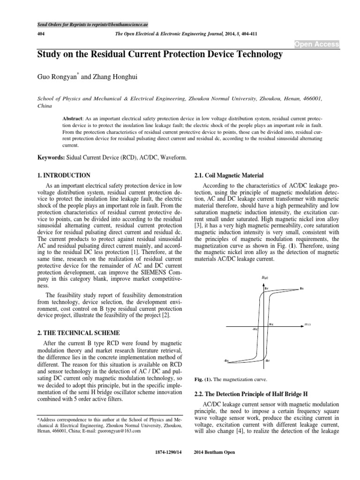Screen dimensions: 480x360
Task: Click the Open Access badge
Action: (x=316, y=44)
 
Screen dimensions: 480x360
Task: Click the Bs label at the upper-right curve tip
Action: (x=302, y=289)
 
